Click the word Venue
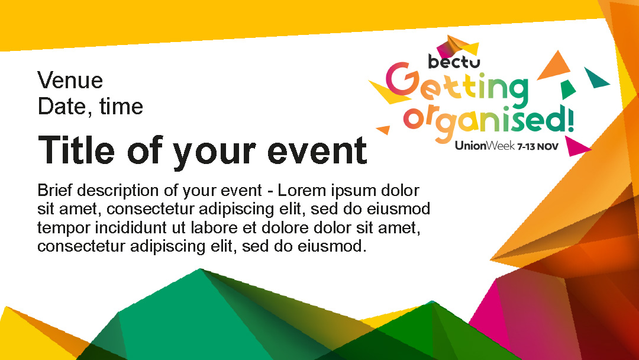click(x=70, y=81)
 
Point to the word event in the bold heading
click(x=317, y=151)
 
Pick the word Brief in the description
click(x=54, y=191)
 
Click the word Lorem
click(x=302, y=191)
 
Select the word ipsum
click(x=353, y=191)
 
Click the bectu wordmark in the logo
click(x=454, y=62)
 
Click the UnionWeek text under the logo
click(x=485, y=146)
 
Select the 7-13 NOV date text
click(x=538, y=146)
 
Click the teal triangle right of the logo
click(x=596, y=78)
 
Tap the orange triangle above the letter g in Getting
click(x=554, y=66)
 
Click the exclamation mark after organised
click(x=570, y=118)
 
